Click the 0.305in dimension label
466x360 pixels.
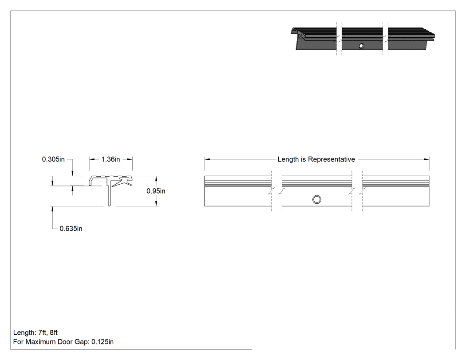coord(53,159)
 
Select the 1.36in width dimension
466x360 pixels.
coord(111,159)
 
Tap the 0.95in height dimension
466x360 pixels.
coord(156,191)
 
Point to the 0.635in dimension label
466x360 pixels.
coord(71,229)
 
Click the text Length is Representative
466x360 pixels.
coord(316,159)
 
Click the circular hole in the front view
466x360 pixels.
coord(317,199)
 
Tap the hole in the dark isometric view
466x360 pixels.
coord(361,46)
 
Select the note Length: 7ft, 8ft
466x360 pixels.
coord(36,332)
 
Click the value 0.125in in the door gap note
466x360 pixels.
coord(103,342)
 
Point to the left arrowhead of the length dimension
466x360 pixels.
coord(207,159)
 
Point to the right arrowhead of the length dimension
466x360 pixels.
coord(427,159)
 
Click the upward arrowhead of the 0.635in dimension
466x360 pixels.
coord(53,209)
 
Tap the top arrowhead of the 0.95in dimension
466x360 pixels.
coord(156,178)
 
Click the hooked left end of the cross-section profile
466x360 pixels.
coord(91,181)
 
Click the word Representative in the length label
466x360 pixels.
coord(332,159)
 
